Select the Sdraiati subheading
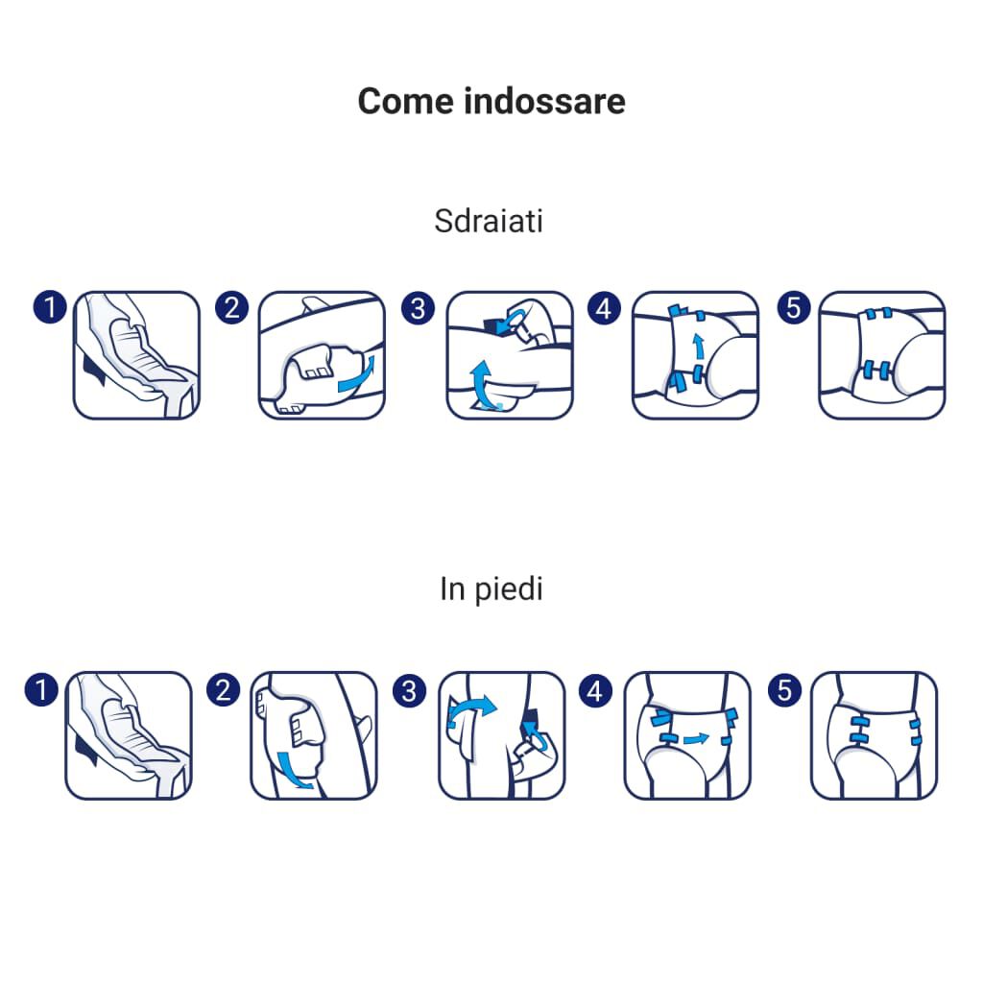pyautogui.click(x=489, y=221)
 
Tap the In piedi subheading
pyautogui.click(x=491, y=588)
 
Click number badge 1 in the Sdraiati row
pyautogui.click(x=48, y=308)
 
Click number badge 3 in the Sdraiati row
pyautogui.click(x=418, y=308)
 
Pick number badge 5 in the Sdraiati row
pyautogui.click(x=793, y=308)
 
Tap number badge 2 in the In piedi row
pyautogui.click(x=224, y=689)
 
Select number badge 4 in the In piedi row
pyautogui.click(x=596, y=689)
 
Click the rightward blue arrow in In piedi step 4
pyautogui.click(x=696, y=739)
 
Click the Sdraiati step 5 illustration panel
pyautogui.click(x=881, y=355)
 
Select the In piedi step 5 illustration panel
pyautogui.click(x=874, y=735)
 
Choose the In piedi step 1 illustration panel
pyautogui.click(x=128, y=735)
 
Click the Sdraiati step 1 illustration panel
pyautogui.click(x=136, y=355)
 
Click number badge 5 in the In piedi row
pyautogui.click(x=785, y=689)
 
